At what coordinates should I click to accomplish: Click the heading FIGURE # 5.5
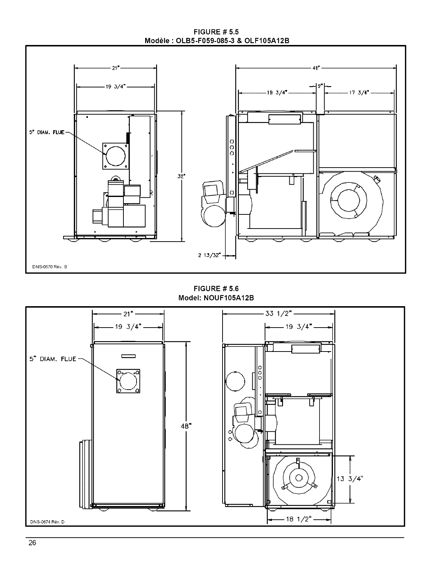tap(216, 33)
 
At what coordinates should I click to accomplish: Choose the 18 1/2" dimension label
tap(299, 519)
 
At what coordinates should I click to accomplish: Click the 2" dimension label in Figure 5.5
tap(320, 86)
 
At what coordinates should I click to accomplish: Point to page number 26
tap(32, 543)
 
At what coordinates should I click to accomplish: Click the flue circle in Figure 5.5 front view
tap(115, 156)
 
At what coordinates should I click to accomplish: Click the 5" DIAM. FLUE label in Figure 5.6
tap(53, 359)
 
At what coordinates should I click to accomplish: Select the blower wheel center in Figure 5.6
tap(298, 477)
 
